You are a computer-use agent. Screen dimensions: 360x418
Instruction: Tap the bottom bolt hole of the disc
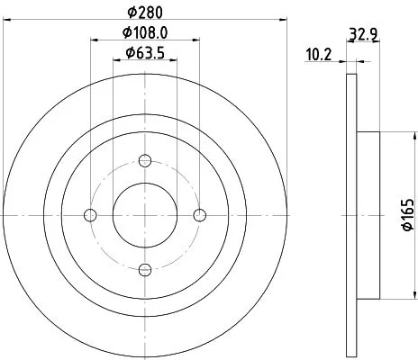tap(144, 269)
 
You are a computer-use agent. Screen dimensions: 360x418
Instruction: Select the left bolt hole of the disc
tap(89, 214)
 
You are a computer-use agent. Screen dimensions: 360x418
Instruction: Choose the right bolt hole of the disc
tap(199, 214)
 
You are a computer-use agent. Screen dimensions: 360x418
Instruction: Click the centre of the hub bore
tap(144, 214)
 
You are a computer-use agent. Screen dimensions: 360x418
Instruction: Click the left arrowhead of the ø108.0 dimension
tap(94, 40)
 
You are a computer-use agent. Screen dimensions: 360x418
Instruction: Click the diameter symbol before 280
tap(132, 12)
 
